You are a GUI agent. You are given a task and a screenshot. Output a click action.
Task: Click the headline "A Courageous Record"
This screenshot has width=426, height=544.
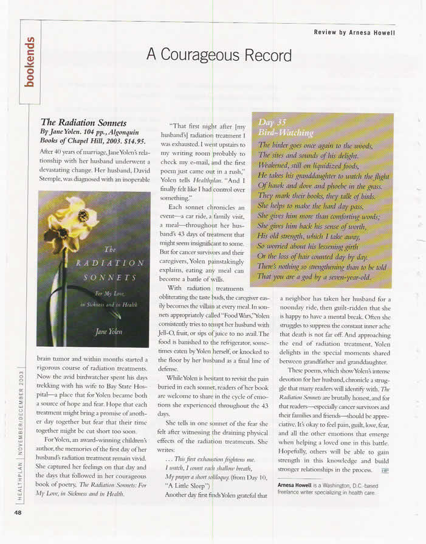[219, 55]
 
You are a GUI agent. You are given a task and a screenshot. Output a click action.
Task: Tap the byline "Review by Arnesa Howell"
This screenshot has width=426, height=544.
[354, 32]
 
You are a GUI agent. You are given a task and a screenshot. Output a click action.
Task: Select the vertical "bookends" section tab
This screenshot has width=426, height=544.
[29, 62]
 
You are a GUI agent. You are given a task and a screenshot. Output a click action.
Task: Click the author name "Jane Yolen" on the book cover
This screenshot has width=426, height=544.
[106, 330]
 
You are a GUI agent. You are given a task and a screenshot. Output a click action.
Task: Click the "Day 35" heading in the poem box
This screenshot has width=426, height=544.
[272, 122]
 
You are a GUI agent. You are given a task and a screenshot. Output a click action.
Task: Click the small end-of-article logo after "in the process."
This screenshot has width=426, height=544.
[384, 470]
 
